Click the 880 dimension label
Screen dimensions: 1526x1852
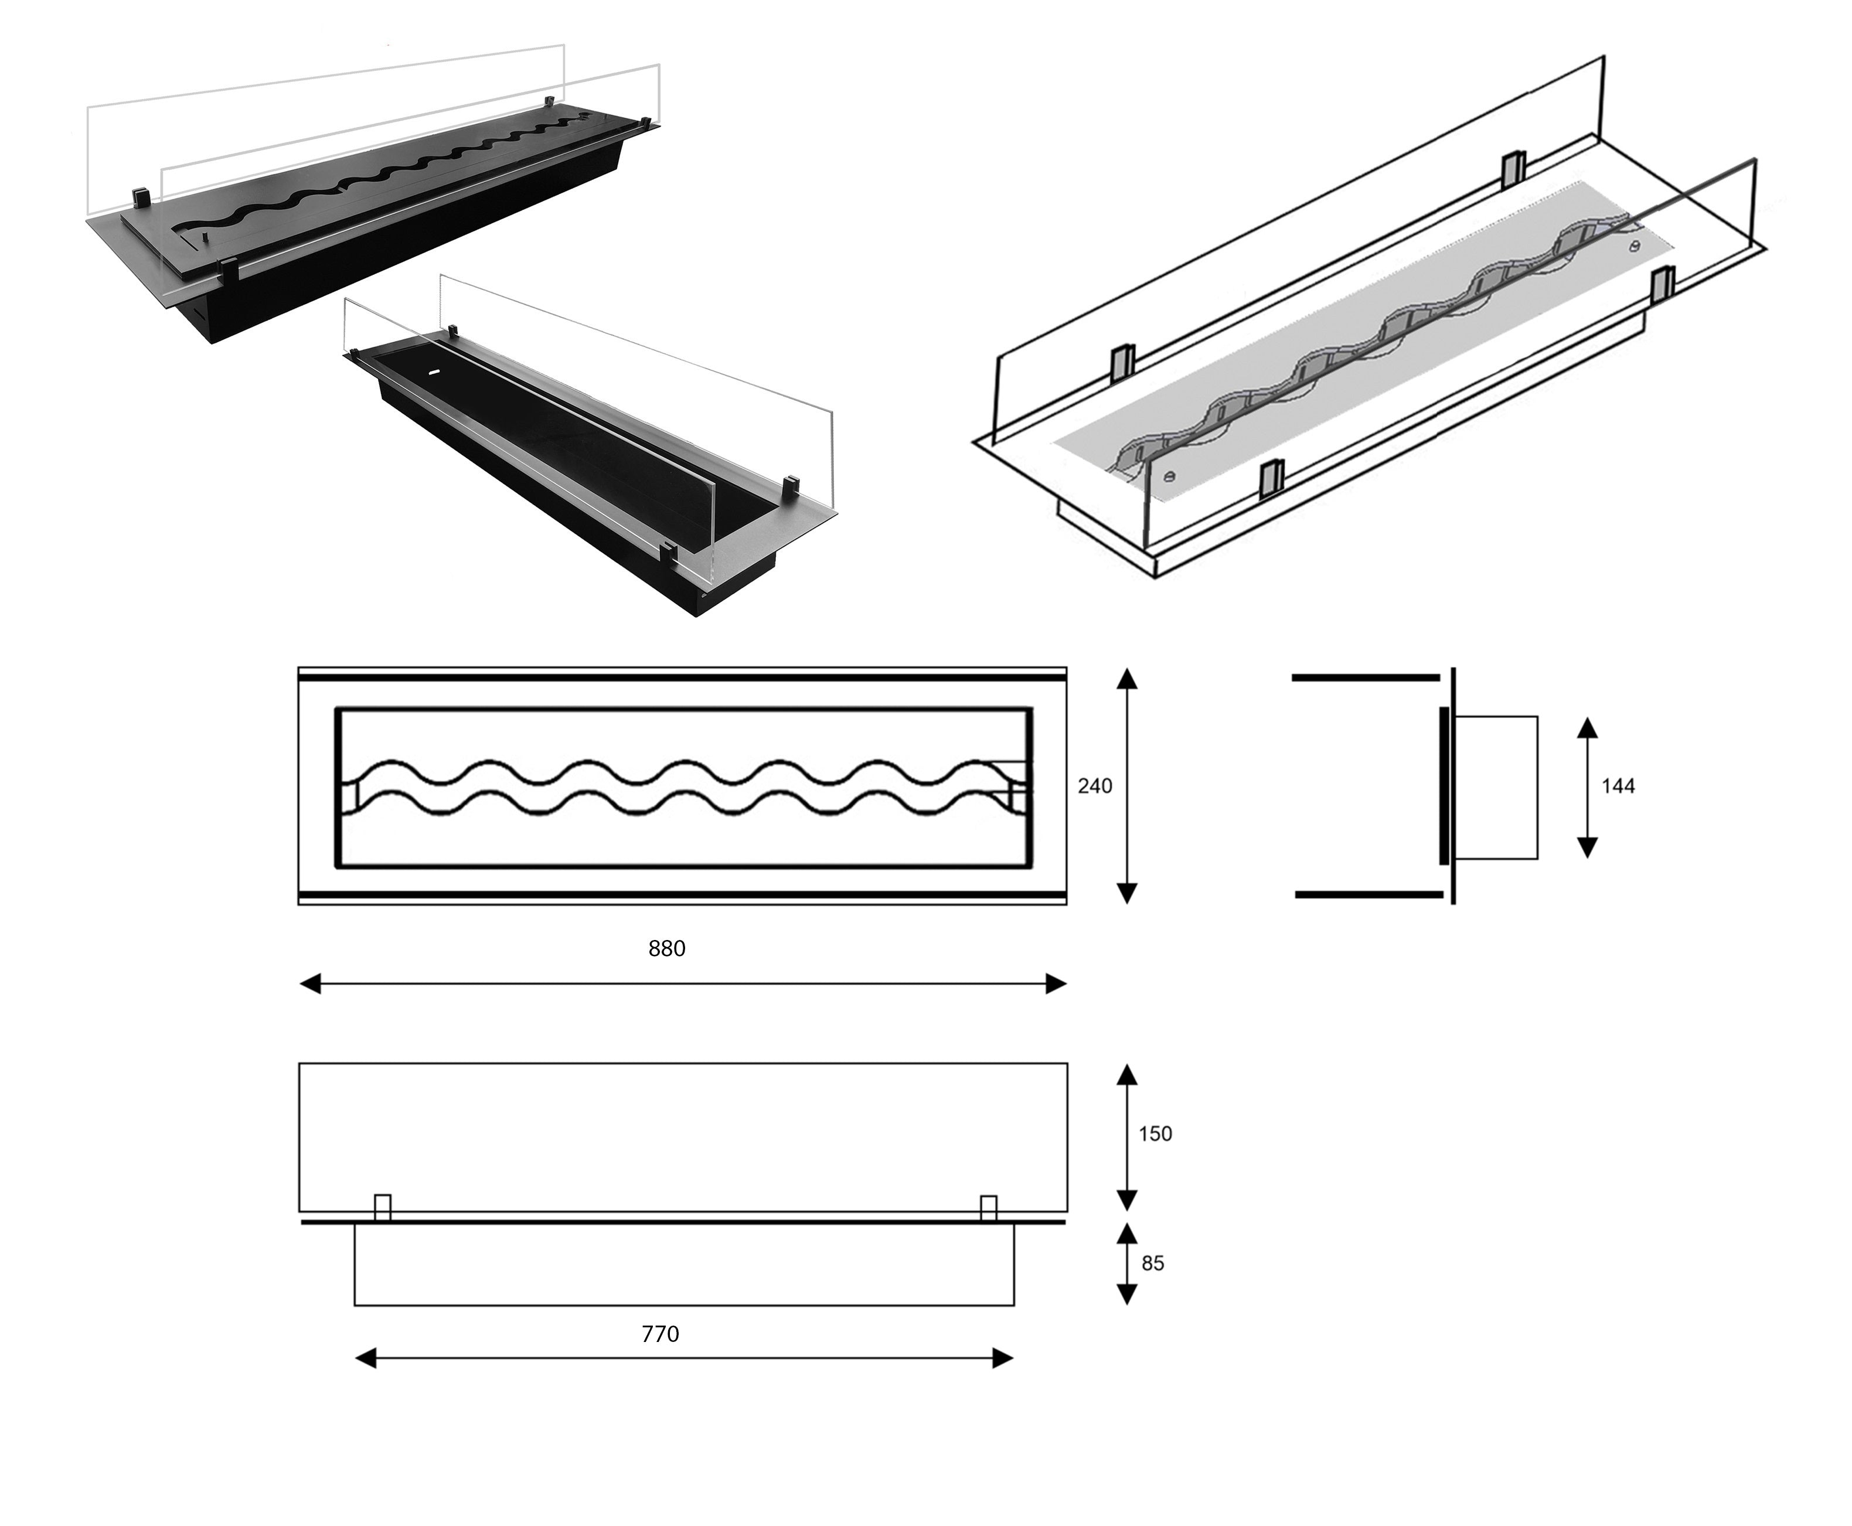666,948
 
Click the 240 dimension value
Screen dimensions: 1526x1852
1094,786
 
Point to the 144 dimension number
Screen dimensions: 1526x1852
1618,786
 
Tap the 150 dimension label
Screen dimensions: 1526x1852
1155,1134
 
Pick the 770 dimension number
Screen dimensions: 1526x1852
660,1334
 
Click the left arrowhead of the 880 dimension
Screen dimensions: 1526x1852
310,983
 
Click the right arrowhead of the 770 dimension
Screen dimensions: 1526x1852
1003,1359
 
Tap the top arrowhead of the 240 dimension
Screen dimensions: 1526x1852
1127,677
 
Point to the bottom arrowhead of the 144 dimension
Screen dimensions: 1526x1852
1587,847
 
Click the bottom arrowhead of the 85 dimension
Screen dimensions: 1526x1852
1127,1294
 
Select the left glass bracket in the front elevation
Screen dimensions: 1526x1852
382,1208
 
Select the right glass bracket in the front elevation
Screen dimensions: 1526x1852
988,1208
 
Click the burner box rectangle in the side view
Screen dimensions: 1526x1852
1495,786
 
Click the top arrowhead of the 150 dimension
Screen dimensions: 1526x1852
1127,1074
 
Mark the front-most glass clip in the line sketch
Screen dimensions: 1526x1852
1271,479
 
